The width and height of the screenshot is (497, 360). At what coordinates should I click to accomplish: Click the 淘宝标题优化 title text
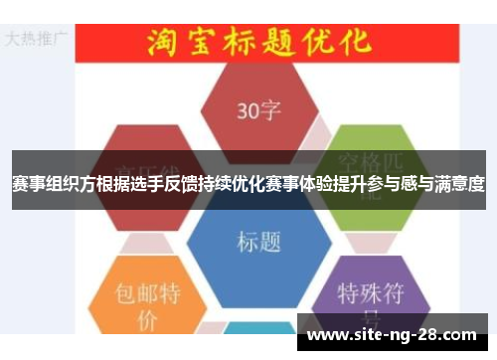(259, 41)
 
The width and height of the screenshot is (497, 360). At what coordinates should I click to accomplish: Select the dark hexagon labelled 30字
(259, 108)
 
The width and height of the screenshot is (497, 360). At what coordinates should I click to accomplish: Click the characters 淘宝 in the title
(179, 41)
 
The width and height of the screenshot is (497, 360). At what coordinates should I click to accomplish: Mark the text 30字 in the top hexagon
(259, 109)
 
